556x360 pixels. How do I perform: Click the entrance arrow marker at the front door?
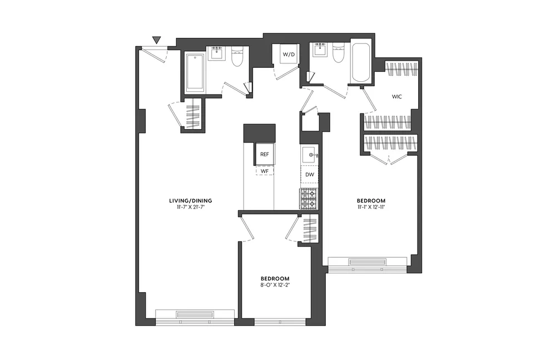pyautogui.click(x=157, y=40)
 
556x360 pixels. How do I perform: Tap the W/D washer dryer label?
pyautogui.click(x=289, y=55)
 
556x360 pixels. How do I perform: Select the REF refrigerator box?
pyautogui.click(x=265, y=155)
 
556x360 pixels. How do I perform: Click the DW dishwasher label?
pyautogui.click(x=310, y=175)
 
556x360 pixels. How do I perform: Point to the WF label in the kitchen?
pyautogui.click(x=265, y=172)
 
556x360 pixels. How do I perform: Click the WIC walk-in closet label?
pyautogui.click(x=396, y=96)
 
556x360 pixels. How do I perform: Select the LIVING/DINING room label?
pyautogui.click(x=191, y=200)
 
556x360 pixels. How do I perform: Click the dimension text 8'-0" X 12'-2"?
pyautogui.click(x=275, y=285)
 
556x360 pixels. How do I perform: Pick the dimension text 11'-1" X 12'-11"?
pyautogui.click(x=371, y=207)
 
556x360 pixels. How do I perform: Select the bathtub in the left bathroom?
pyautogui.click(x=195, y=72)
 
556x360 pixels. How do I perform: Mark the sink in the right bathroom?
pyautogui.click(x=320, y=51)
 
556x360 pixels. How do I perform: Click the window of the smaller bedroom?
pyautogui.click(x=280, y=322)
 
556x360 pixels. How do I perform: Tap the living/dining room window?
pyautogui.click(x=194, y=316)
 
